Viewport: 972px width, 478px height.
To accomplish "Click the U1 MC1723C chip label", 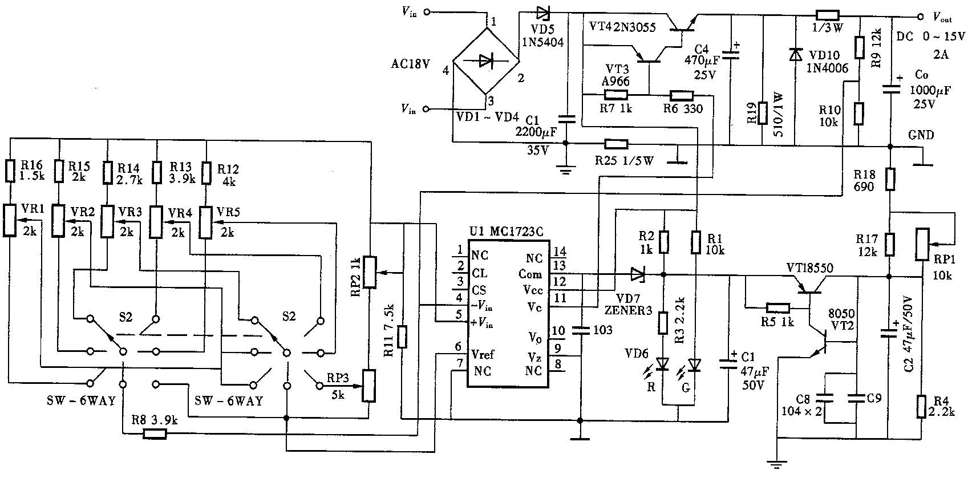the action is (x=506, y=231).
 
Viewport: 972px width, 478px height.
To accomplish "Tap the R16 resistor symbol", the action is (x=10, y=171).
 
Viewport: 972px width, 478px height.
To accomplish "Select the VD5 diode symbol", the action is (x=543, y=13).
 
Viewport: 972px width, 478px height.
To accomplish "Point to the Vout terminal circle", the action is (x=920, y=17).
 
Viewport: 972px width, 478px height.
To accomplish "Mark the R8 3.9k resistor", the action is (x=155, y=434).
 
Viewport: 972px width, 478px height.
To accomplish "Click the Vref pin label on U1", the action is (x=483, y=354).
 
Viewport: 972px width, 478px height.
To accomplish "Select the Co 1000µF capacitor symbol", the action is (x=890, y=90).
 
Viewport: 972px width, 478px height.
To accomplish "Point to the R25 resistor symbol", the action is (x=616, y=144).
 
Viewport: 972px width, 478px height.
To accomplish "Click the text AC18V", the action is (x=410, y=64).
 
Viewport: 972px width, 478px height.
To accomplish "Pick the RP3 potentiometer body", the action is (x=369, y=386).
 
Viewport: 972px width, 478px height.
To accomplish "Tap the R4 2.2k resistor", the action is (x=921, y=407).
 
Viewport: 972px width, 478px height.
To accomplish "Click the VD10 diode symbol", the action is (x=795, y=55).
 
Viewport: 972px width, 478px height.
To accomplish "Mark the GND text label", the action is (x=921, y=135).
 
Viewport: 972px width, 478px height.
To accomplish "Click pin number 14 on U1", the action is (x=560, y=252).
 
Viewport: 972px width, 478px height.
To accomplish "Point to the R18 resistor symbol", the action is (x=890, y=180).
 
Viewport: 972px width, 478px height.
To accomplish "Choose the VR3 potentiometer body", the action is (x=107, y=222).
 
